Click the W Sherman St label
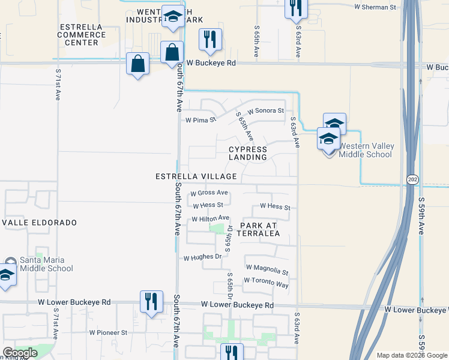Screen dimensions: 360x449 click(x=376, y=8)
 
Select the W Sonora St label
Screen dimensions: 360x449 click(x=265, y=110)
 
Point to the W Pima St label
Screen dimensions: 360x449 click(x=200, y=120)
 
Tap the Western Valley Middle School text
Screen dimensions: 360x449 click(x=365, y=150)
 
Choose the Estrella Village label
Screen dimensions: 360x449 click(x=196, y=177)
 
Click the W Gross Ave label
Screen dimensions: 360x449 click(x=209, y=193)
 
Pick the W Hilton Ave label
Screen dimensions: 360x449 click(x=210, y=218)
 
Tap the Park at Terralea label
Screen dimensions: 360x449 click(x=259, y=229)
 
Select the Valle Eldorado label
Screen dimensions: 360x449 click(x=40, y=223)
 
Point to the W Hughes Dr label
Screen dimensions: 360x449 click(x=203, y=257)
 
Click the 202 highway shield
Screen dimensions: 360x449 click(x=412, y=179)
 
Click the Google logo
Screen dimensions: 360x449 click(x=20, y=353)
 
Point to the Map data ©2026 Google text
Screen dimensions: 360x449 click(x=412, y=355)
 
